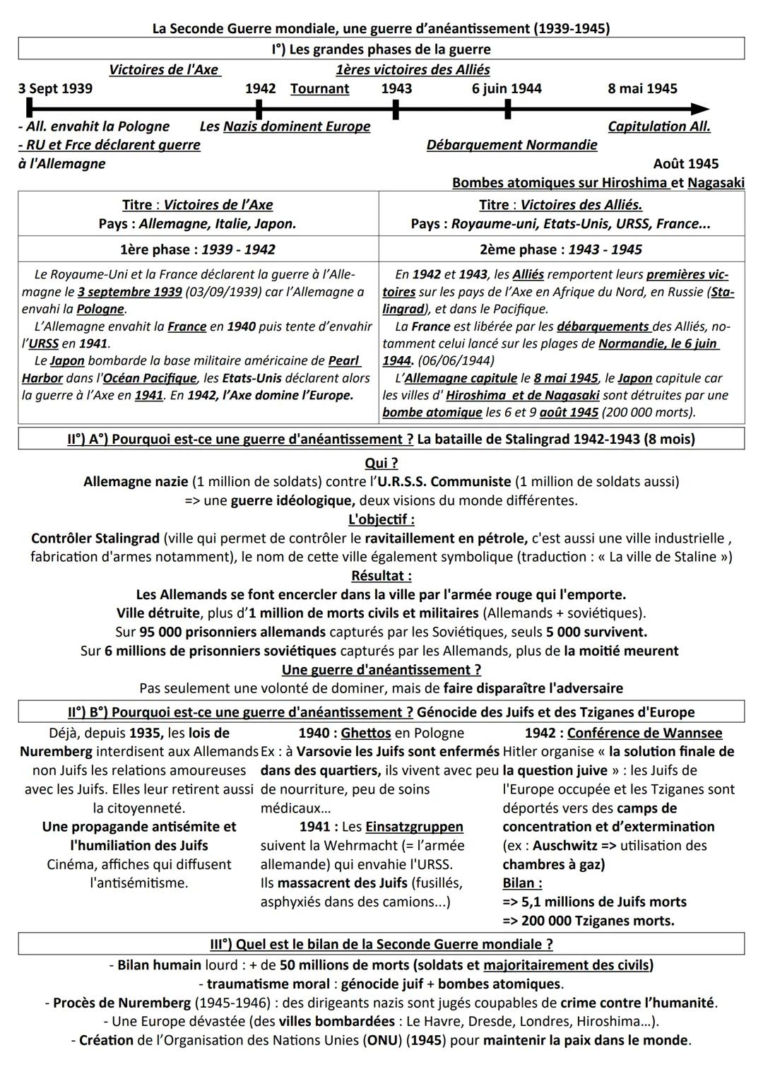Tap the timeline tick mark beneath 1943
(396, 110)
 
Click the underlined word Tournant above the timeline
(319, 89)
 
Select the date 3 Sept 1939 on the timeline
(55, 89)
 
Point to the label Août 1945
(685, 164)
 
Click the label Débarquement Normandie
(511, 145)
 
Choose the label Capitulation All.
(658, 126)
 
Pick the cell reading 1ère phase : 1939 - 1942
(198, 249)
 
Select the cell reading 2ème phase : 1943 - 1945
(561, 249)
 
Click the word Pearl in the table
(344, 361)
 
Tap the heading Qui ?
(381, 463)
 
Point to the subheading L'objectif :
(381, 519)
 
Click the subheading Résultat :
(381, 576)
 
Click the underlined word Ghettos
(366, 733)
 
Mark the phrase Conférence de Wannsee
(644, 733)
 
